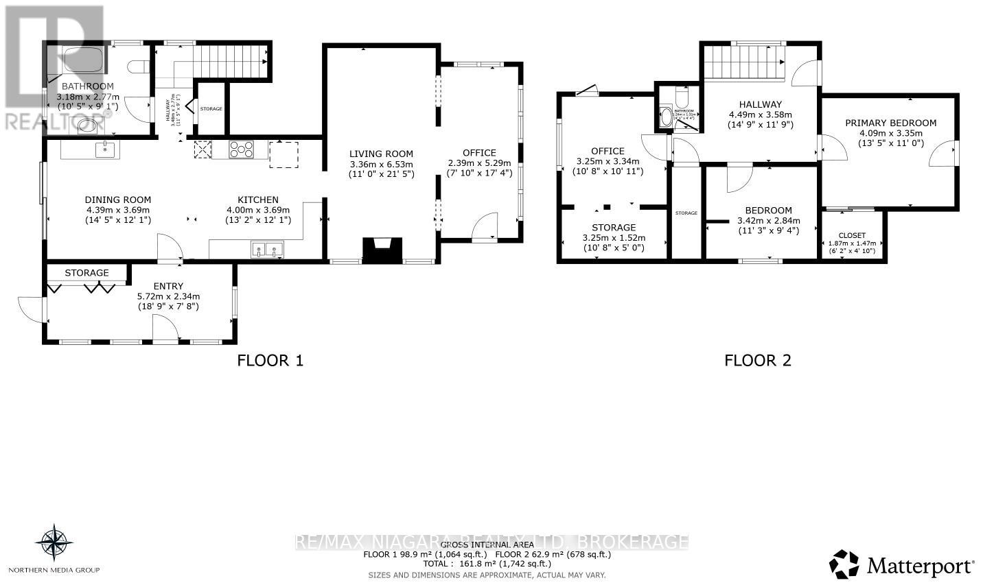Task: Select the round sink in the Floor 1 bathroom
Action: [88, 125]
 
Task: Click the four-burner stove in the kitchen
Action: [241, 150]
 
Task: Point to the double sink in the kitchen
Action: [267, 250]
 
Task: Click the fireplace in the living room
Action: [382, 251]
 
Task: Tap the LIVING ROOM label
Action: [381, 154]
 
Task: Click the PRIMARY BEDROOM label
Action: [890, 123]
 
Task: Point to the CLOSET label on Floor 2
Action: [852, 235]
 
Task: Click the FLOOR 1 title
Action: [270, 360]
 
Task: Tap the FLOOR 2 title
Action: [758, 360]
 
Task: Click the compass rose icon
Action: [54, 542]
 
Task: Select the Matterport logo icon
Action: [844, 564]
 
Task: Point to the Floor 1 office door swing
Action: [486, 226]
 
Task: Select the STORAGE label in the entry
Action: [86, 273]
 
